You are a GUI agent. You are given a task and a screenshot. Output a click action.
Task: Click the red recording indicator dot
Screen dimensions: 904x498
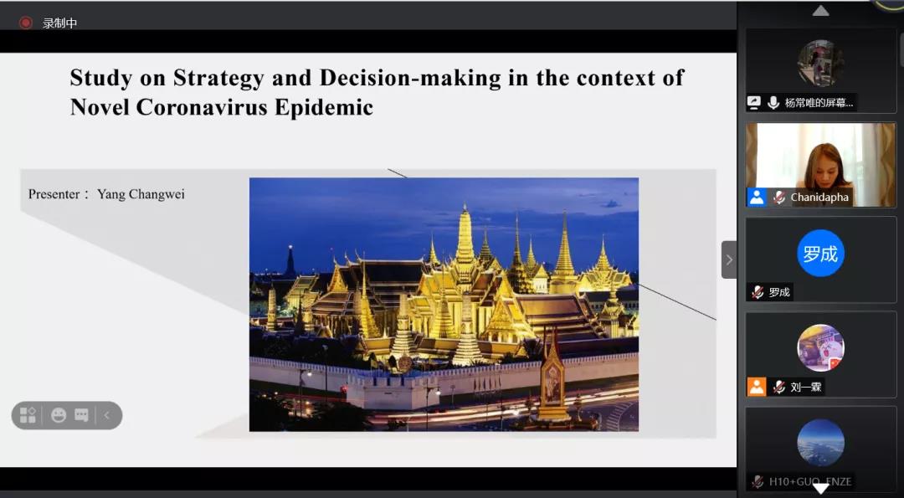tap(25, 23)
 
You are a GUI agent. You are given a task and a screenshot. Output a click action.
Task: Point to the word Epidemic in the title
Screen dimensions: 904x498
tap(324, 108)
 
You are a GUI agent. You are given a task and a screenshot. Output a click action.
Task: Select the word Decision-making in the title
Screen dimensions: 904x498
tap(410, 79)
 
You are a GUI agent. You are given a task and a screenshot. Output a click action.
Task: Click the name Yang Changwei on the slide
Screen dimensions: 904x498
tap(141, 194)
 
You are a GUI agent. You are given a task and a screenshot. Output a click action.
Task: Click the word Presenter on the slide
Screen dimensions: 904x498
tap(54, 194)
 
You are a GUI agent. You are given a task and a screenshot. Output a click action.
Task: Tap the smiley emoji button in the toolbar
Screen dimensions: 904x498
tap(59, 415)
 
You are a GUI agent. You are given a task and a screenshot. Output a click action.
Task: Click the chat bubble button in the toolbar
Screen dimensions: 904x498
tap(81, 415)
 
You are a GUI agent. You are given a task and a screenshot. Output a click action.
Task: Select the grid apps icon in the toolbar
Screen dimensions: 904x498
tap(28, 415)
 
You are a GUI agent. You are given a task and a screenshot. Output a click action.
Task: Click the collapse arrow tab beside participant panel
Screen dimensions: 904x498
tap(729, 260)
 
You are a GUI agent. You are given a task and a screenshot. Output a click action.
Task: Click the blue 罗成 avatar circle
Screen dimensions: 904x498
tap(820, 253)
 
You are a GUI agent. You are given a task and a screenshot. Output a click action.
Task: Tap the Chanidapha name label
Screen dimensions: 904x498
tap(819, 198)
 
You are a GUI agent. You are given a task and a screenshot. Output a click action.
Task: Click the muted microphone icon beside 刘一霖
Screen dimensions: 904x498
tap(779, 387)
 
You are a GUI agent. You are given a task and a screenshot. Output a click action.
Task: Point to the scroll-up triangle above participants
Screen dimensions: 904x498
tap(820, 10)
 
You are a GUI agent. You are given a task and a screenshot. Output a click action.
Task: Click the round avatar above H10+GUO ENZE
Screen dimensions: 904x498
tap(820, 442)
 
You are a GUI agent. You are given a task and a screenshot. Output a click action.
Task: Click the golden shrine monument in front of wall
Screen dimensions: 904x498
tap(552, 377)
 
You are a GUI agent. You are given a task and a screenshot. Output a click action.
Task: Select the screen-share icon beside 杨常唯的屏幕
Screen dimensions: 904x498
tap(754, 103)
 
